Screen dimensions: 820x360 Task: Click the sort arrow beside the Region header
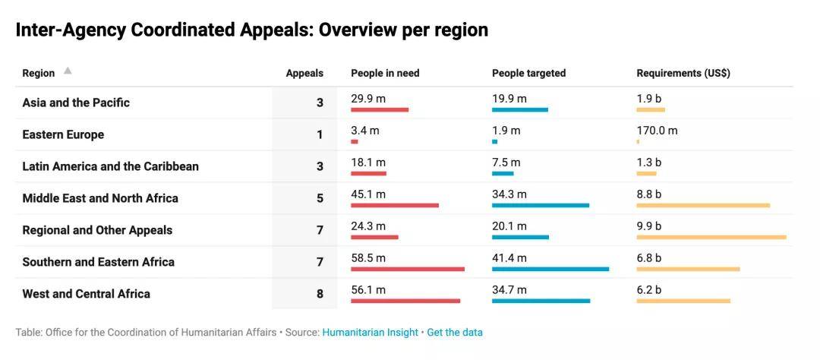[68, 71]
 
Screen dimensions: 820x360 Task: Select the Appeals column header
[304, 73]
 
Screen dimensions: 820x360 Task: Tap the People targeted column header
[528, 73]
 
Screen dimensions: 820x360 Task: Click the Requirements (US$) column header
[683, 73]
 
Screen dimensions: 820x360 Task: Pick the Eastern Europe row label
[63, 134]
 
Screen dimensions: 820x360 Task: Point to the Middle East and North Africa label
[100, 198]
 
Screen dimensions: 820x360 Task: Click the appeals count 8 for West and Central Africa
[320, 294]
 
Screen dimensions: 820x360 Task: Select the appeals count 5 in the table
[320, 198]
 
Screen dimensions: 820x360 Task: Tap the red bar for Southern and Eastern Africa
[408, 269]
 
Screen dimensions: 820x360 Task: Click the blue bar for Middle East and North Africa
[541, 205]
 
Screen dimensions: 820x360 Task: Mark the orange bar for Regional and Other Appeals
[711, 237]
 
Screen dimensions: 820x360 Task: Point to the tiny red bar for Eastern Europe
[355, 142]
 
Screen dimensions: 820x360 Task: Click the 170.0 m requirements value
[657, 131]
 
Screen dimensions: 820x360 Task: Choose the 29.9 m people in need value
[368, 99]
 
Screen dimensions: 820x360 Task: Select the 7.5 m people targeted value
[506, 163]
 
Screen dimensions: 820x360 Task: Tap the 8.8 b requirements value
[649, 194]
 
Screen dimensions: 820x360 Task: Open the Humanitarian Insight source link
[371, 332]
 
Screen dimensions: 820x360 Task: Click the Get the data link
[455, 332]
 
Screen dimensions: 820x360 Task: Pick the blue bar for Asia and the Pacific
[520, 109]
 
